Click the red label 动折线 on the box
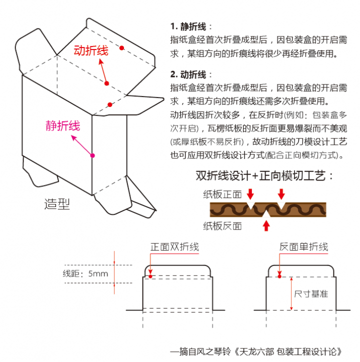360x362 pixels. (x=90, y=50)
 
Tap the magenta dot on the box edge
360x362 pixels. (x=92, y=155)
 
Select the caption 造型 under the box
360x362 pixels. (x=57, y=204)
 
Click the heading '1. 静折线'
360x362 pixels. (x=191, y=26)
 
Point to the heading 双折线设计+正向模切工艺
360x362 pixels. (x=264, y=176)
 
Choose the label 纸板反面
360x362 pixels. (x=222, y=226)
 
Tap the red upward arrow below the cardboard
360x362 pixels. (x=266, y=225)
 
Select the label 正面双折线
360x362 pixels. (x=174, y=247)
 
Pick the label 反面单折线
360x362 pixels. (x=303, y=247)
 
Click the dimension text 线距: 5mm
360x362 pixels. (x=85, y=273)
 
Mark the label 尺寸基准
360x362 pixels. (x=311, y=293)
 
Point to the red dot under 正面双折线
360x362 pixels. (x=150, y=275)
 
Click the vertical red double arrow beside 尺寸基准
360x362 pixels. (x=290, y=292)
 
